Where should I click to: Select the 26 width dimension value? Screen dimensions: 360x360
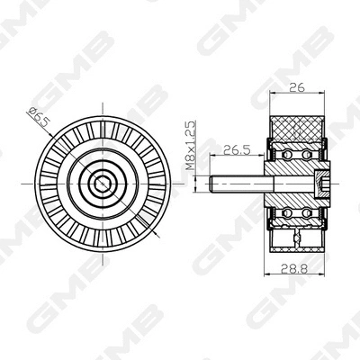(296, 87)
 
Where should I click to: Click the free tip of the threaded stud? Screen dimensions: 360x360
(213, 185)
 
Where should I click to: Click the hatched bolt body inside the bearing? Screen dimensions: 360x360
(292, 185)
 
